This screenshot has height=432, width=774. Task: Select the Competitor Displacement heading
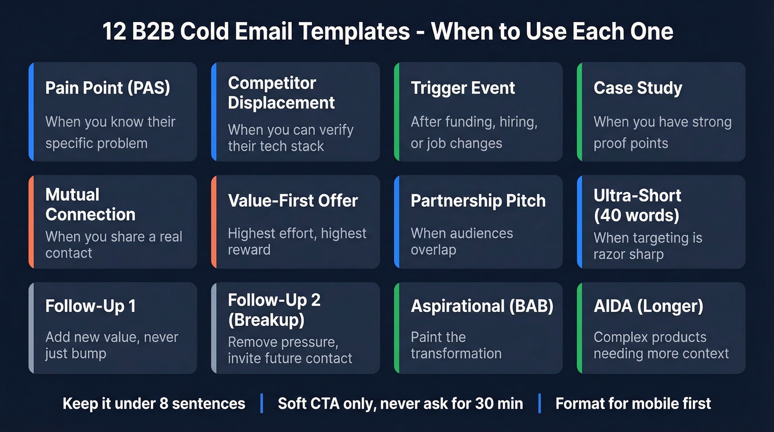[x=281, y=93]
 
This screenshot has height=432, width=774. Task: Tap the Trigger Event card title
[x=463, y=88]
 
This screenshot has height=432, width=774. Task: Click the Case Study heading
[x=637, y=88]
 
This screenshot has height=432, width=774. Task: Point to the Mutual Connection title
[x=90, y=205]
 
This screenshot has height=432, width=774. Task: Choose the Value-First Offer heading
[x=293, y=201]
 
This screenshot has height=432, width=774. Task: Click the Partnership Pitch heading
[x=478, y=201]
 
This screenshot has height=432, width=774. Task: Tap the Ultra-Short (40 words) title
[x=637, y=205]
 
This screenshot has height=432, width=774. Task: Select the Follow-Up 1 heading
[x=91, y=306]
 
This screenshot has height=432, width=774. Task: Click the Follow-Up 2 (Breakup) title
[x=274, y=310]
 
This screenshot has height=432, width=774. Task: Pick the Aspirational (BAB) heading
[x=482, y=306]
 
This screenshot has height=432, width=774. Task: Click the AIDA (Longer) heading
[x=648, y=306]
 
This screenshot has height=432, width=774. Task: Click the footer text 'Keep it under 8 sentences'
[x=154, y=403]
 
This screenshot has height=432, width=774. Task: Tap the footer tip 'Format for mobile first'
[x=633, y=403]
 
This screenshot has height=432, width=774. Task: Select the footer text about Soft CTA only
[x=400, y=403]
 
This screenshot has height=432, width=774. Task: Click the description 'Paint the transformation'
[x=456, y=345]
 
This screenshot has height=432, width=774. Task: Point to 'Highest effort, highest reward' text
[x=297, y=241]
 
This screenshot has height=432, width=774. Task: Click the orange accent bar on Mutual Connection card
[x=32, y=222]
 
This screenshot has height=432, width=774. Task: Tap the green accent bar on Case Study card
[x=579, y=112]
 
